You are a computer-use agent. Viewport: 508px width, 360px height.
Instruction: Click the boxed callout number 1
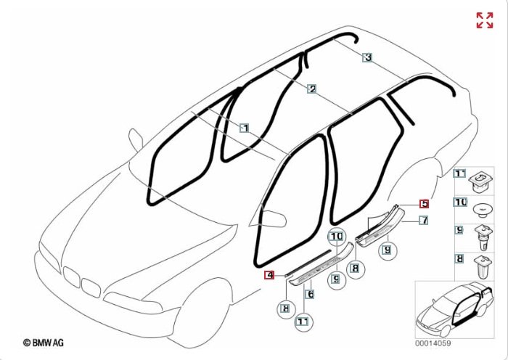point(245,128)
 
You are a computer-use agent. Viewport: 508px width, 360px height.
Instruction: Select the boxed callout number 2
point(311,89)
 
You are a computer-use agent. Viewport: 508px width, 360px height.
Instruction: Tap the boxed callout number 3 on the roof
point(367,57)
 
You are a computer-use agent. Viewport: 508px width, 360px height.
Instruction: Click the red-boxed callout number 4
point(269,275)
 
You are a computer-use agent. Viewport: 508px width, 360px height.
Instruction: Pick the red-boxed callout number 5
point(424,204)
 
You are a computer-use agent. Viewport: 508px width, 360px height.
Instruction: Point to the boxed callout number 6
point(310,294)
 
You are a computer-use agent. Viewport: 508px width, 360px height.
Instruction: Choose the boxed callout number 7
point(424,221)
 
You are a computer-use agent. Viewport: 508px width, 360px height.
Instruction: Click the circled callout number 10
point(337,237)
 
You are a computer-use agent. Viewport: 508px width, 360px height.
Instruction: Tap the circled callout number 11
point(303,322)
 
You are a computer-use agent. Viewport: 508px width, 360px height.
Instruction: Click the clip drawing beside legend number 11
point(480,182)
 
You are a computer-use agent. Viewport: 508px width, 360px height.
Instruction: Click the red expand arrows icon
point(485,20)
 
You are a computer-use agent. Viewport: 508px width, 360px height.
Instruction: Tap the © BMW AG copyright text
point(44,343)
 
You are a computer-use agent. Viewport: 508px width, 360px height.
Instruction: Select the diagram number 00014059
point(433,343)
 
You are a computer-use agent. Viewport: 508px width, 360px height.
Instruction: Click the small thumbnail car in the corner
point(455,309)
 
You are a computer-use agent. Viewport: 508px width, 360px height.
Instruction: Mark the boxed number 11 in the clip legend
point(459,173)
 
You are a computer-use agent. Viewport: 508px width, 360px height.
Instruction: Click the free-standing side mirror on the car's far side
point(136,140)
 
